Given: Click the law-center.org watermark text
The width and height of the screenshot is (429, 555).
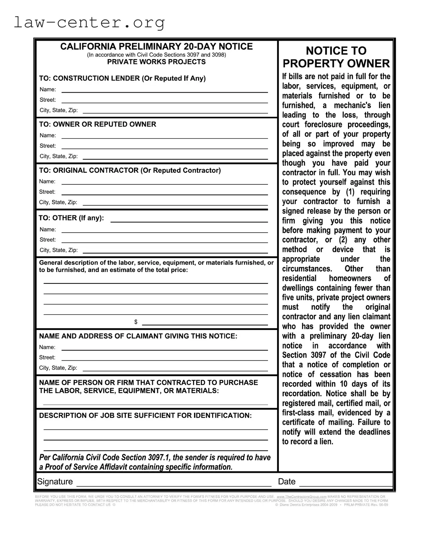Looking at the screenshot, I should coord(89,22).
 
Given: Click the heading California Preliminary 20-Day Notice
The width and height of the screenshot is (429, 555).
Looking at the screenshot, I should coord(156,46).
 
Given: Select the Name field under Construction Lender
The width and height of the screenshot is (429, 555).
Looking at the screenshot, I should coord(164,90).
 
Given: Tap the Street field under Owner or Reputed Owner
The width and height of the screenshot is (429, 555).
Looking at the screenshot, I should coord(164,146).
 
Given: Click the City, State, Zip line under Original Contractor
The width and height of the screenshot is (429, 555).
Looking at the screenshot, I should coord(175,203).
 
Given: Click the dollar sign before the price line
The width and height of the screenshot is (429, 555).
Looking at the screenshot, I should coord(136,322).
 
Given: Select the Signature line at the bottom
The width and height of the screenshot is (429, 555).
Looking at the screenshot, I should coord(174,483).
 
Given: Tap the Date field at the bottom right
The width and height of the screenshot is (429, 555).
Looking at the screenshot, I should coord(345,483).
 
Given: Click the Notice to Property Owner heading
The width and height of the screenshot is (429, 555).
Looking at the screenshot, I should coord(336,57).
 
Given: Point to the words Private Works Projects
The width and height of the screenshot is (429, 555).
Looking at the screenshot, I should coord(156,62).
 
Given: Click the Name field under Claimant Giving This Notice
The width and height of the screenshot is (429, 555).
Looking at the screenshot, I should coord(164,348).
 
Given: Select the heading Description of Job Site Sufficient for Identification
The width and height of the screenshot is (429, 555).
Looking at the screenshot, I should coord(145,416).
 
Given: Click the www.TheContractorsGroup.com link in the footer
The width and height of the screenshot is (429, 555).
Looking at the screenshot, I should coord(301,497).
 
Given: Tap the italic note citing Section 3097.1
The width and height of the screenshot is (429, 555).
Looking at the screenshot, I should coord(155,462).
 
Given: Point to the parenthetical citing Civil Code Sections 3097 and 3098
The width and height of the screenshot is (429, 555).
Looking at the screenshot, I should coord(156,55).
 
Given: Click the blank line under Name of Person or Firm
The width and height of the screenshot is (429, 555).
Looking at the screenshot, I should coord(155,403).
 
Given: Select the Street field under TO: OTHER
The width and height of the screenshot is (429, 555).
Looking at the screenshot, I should coord(164,240).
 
